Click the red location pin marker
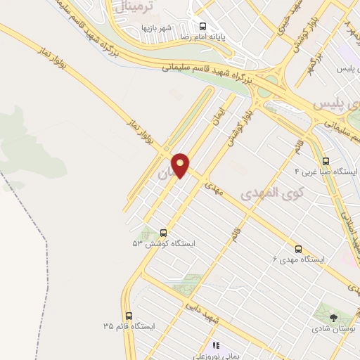[181, 165]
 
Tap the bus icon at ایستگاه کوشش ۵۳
[164, 233]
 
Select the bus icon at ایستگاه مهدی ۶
[298, 249]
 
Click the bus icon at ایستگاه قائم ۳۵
[128, 316]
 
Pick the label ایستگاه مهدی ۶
[299, 259]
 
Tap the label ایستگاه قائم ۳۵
[128, 326]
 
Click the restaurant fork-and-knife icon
[216, 345]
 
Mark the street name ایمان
[218, 112]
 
